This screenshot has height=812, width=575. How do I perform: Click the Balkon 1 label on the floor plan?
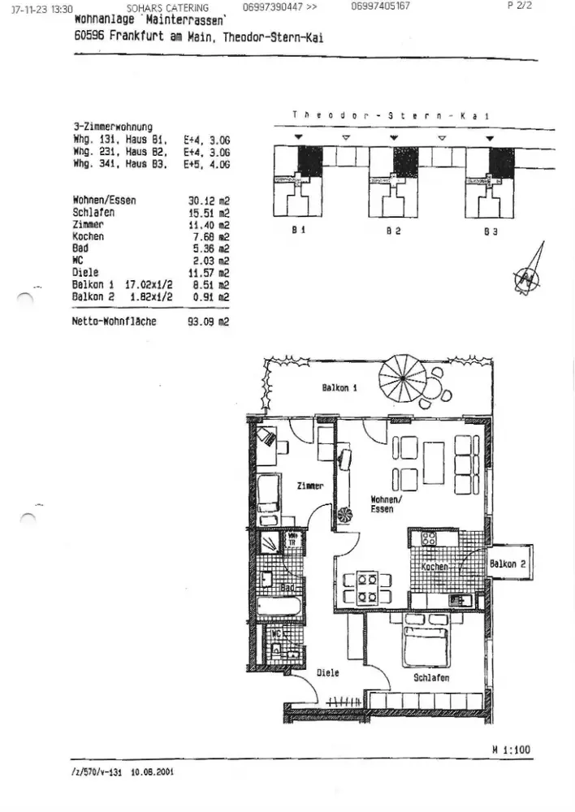[x=339, y=388]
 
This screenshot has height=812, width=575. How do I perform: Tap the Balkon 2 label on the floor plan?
[x=509, y=564]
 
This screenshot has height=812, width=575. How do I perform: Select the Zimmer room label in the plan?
[x=310, y=486]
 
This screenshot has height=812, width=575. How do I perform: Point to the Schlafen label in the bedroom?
[x=431, y=677]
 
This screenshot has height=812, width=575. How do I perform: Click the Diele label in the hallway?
[x=327, y=673]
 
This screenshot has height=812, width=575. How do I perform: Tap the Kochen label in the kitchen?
[x=435, y=566]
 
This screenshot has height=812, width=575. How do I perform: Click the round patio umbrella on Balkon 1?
[x=403, y=377]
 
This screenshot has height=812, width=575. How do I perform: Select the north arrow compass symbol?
[x=527, y=279]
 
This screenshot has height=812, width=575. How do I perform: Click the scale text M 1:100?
[x=511, y=749]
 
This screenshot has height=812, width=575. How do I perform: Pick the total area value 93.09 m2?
[x=209, y=322]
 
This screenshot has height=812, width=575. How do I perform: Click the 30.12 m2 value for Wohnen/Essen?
[x=209, y=200]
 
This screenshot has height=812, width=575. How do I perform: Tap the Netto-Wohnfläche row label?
[x=115, y=322]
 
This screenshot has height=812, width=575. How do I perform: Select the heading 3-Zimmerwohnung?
[x=113, y=127]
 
